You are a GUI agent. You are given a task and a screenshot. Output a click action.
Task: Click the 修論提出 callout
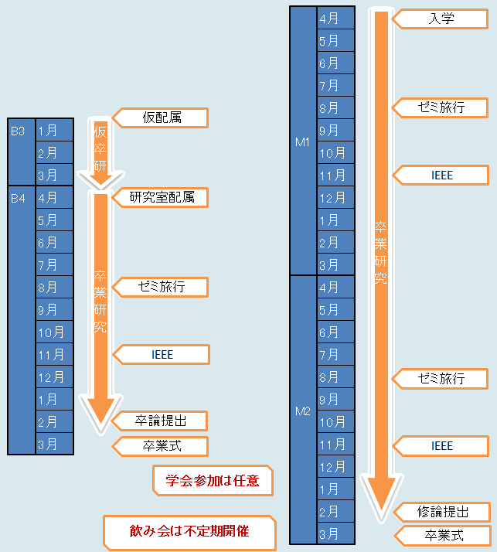(443, 511)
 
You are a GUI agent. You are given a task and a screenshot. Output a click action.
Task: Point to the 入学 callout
(441, 18)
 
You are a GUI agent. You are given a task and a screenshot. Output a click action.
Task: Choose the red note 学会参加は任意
(213, 480)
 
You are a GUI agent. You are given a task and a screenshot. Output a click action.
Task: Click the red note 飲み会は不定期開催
(190, 531)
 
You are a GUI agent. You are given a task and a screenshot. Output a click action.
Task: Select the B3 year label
(19, 131)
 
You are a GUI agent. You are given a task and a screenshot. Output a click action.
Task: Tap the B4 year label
(19, 198)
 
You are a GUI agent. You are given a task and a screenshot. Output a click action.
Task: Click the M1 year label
(302, 142)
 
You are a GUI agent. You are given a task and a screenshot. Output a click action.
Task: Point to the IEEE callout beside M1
(442, 175)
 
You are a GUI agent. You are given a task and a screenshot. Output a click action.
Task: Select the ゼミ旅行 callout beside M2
(441, 378)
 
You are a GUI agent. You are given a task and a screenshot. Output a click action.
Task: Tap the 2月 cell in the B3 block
(54, 153)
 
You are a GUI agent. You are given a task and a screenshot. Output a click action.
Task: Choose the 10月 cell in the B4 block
(54, 332)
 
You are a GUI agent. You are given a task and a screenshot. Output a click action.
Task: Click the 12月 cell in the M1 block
(335, 198)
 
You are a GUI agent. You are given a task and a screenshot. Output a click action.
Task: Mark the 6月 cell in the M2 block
(335, 332)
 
